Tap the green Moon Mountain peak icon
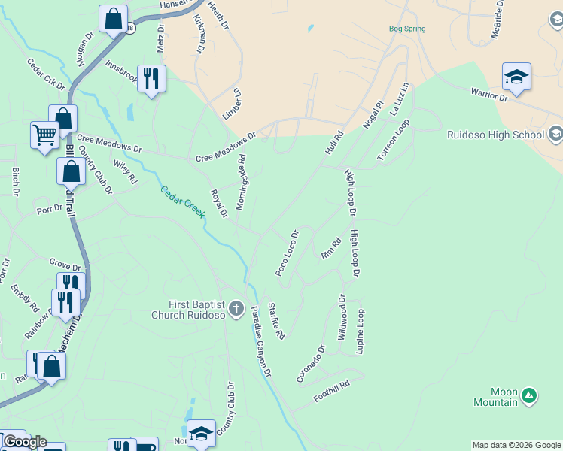[529, 394]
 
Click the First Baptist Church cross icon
[236, 308]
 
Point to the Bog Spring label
[407, 29]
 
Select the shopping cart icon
[44, 135]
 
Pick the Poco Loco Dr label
[288, 253]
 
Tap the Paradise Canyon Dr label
[260, 341]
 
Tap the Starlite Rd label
[276, 321]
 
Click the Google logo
[25, 442]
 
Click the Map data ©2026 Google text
[516, 445]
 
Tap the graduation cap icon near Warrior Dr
[516, 76]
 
